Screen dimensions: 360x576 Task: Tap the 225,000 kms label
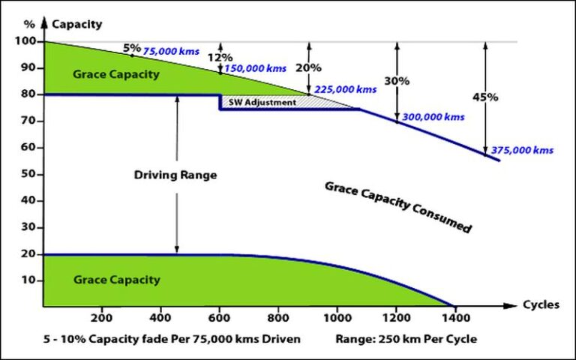pos(345,89)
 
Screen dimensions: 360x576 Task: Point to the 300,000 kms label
pos(433,117)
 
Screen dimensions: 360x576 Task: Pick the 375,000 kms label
pos(522,150)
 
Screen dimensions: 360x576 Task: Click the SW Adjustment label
pos(262,102)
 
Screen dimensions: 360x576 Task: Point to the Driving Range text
pos(175,175)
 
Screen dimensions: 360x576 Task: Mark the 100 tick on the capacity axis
pos(25,41)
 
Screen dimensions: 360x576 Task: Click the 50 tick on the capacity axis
pos(28,174)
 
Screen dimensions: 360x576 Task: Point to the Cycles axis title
pos(542,306)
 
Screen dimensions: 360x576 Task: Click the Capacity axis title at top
pos(77,24)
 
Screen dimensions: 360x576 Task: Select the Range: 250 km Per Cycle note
pos(406,339)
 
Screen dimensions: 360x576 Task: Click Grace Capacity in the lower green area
pos(116,280)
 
